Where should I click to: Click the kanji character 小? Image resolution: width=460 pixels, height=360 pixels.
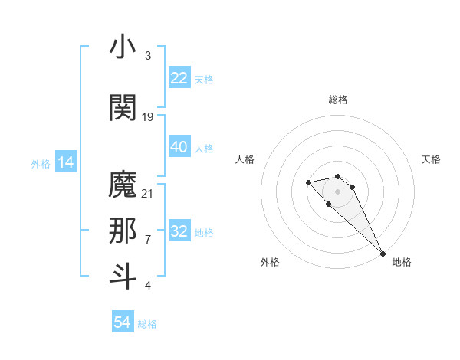pos(123,47)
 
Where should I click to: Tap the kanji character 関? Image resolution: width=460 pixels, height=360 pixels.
pos(123,106)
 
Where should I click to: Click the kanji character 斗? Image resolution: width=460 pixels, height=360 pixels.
pos(123,277)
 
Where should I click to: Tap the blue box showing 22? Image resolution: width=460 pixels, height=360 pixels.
pos(179,78)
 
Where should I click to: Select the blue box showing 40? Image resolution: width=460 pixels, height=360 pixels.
pos(179,147)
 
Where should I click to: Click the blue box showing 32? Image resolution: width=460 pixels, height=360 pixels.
pos(179,231)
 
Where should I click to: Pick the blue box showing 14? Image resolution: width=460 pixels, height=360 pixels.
pos(65,162)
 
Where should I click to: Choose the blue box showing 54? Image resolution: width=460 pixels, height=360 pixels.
pos(123,322)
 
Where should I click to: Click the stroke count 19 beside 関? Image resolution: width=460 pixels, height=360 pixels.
pos(148,116)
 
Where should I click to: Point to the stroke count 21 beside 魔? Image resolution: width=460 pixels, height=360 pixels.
pos(148,193)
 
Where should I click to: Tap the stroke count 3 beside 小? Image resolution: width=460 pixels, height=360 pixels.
pos(148,56)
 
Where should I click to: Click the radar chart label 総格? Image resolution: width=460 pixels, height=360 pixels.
pos(338,100)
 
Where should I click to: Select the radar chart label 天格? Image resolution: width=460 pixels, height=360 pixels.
pos(431,159)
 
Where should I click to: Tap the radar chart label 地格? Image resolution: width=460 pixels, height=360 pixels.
pos(402,262)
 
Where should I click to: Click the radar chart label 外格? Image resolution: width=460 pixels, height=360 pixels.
pos(270,262)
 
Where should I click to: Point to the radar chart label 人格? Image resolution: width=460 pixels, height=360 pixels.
pos(245,159)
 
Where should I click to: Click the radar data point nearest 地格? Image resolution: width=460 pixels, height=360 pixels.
pos(382,253)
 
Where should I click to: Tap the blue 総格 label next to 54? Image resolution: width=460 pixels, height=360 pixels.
pos(147,323)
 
